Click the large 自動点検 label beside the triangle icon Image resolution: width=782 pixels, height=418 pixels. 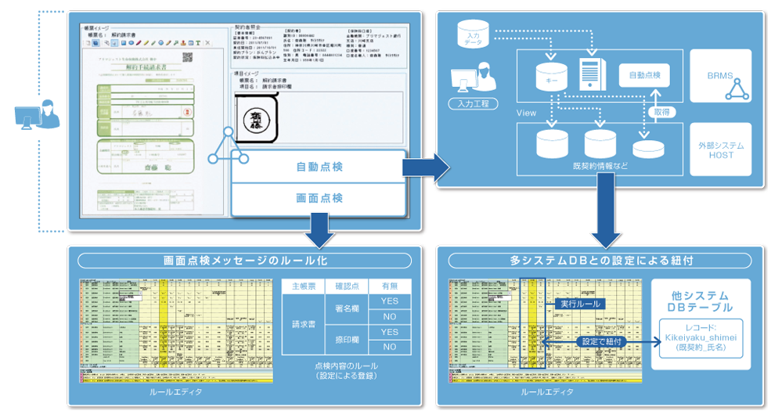click(x=319, y=167)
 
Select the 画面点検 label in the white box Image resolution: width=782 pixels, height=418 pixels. click(x=319, y=198)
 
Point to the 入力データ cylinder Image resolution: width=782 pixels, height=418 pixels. click(x=473, y=35)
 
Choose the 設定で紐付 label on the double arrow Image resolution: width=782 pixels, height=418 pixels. click(x=599, y=341)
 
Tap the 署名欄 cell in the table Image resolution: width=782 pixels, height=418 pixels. click(x=346, y=308)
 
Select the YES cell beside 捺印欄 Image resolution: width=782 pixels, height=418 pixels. click(x=389, y=332)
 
